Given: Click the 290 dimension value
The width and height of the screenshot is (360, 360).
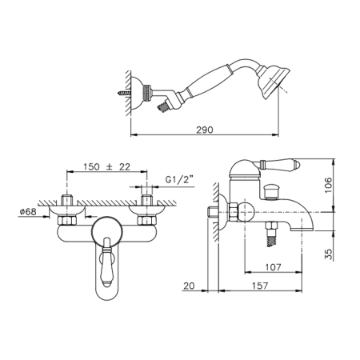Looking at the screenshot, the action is pos(205,130).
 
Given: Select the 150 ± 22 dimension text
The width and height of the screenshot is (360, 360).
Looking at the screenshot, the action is pos(106,167).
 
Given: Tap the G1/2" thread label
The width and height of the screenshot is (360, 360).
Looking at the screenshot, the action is pos(179,179).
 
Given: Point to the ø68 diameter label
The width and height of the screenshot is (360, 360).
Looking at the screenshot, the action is pos(28,212).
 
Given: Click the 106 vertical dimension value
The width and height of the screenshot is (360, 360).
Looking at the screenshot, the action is pos(329,185).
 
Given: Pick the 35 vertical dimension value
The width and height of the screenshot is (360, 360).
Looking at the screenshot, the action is pos(329,254).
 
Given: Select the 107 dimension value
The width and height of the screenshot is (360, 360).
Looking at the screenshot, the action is pos(273,267).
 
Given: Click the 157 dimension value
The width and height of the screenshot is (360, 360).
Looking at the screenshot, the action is pos(259,286).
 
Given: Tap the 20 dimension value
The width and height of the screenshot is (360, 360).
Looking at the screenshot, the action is pos(189,286).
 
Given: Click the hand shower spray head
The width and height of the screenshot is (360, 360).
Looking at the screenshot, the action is pos(273,82).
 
